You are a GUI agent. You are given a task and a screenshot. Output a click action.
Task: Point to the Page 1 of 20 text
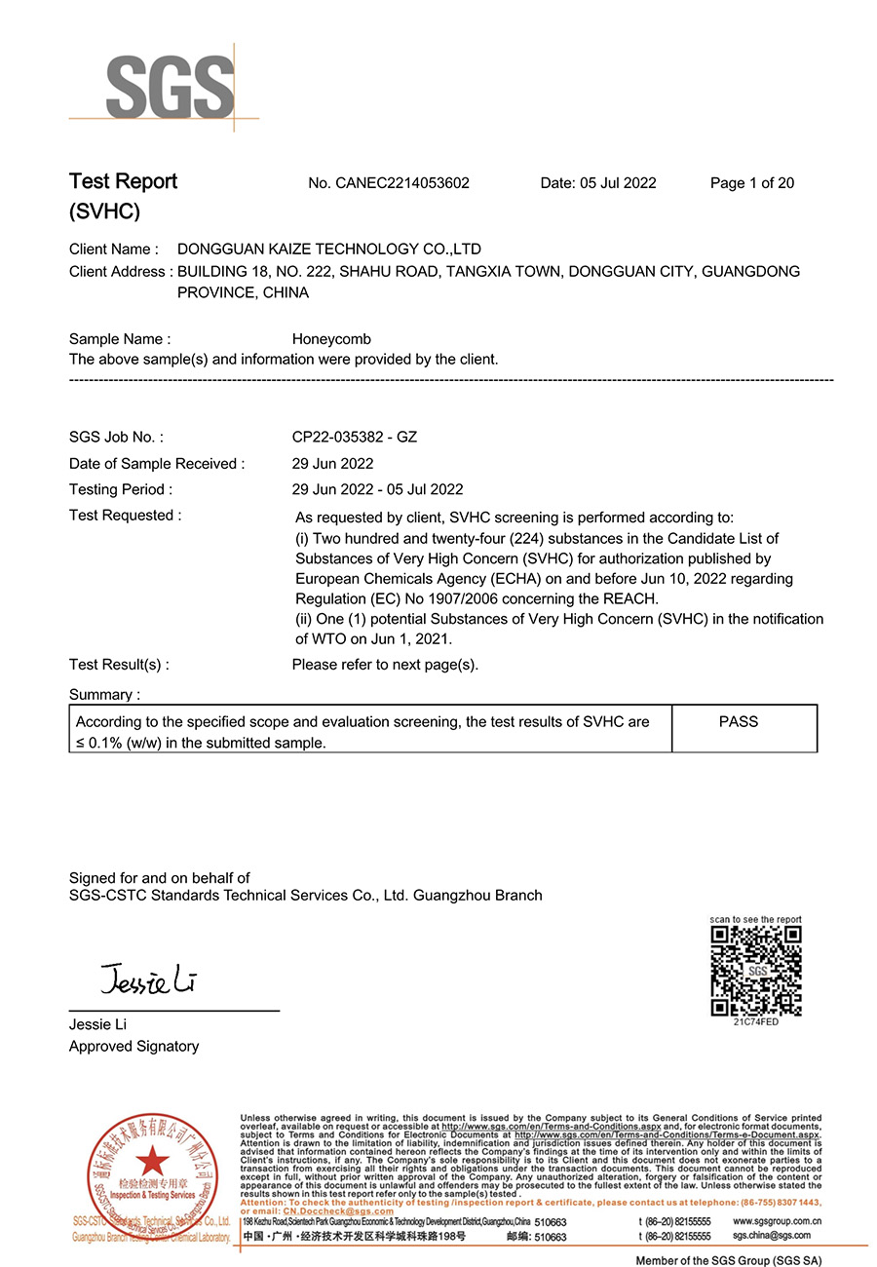[x=752, y=183]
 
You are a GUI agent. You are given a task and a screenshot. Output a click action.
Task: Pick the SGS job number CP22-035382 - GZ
[x=355, y=438]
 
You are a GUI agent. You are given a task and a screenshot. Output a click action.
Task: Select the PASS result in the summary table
[x=739, y=722]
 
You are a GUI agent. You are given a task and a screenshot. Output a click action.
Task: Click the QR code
[x=756, y=971]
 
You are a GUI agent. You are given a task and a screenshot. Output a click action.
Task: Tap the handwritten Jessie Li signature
[x=148, y=978]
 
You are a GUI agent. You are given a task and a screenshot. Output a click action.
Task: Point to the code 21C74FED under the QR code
[x=756, y=1022]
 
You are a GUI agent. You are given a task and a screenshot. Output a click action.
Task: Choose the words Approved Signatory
[x=133, y=1047]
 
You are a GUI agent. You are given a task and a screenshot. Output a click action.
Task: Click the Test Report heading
[x=123, y=182]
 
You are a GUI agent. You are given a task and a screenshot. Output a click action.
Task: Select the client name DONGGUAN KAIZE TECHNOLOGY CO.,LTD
[x=329, y=250]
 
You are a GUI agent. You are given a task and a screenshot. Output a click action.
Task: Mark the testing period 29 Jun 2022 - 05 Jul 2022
[x=378, y=489]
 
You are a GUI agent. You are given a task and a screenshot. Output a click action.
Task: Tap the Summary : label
[x=104, y=695]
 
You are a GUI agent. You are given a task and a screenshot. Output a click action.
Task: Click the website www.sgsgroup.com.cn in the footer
[x=775, y=1221]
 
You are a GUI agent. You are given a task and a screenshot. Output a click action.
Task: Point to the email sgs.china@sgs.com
[x=771, y=1236]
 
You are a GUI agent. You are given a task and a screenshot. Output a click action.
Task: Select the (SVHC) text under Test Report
[x=104, y=211]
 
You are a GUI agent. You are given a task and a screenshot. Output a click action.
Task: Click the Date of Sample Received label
[x=157, y=464]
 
